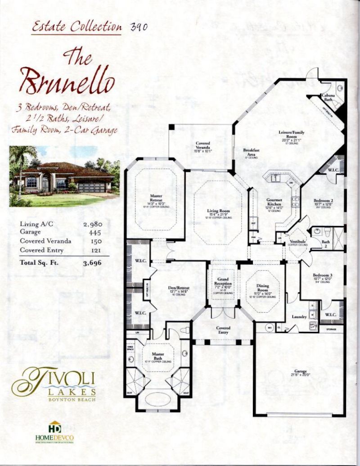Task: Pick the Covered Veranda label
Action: pos(202,146)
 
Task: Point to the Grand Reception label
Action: pos(223,281)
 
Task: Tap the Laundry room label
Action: pos(299,317)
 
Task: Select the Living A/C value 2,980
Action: pos(93,223)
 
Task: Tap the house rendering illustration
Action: pos(64,176)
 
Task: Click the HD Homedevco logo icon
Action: pos(55,426)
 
